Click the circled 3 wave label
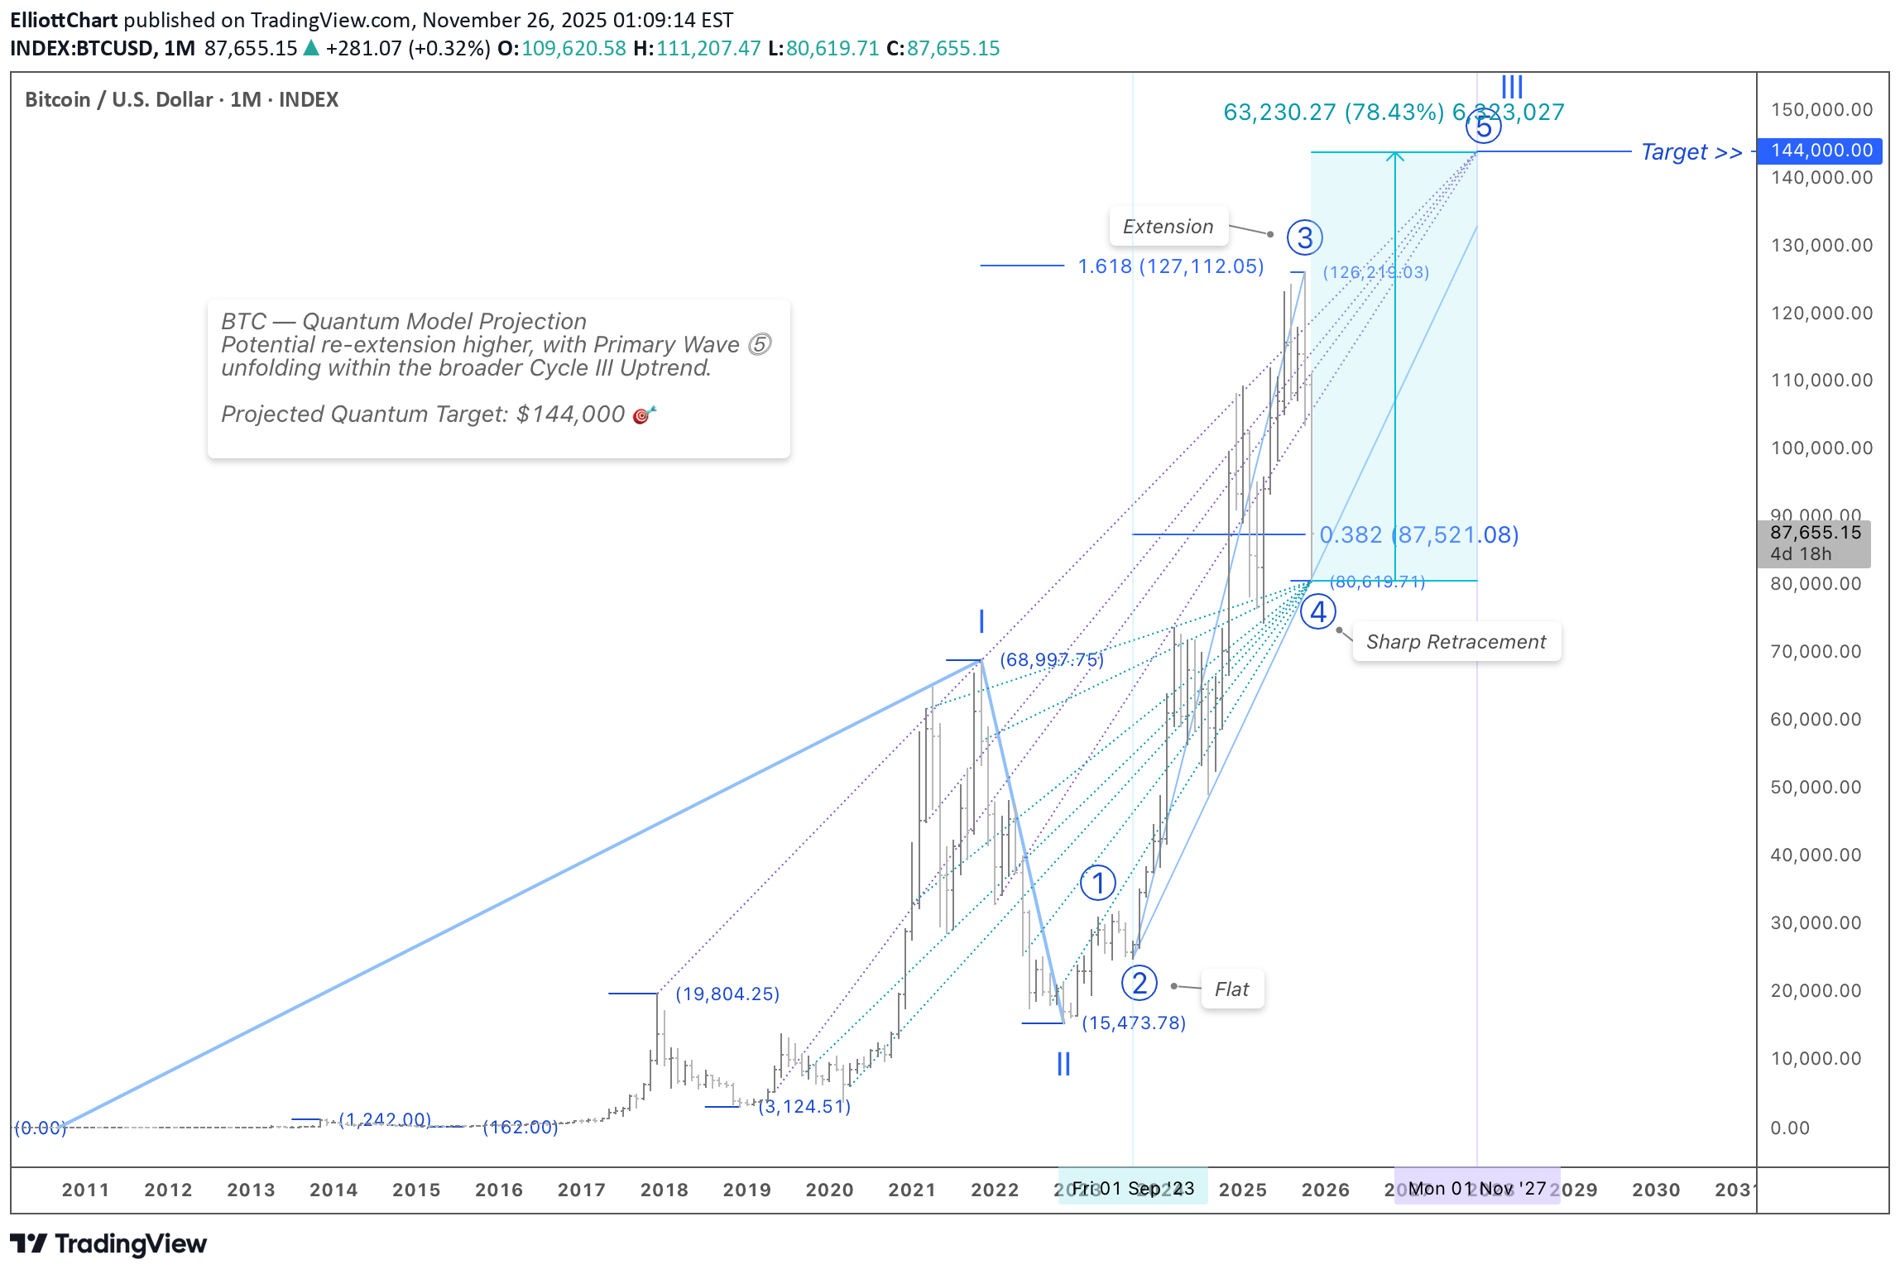[x=1304, y=238]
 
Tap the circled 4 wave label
[x=1317, y=613]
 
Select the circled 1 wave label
[x=1097, y=884]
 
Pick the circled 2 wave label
[x=1139, y=984]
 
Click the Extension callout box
[x=1168, y=227]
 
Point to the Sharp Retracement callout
[x=1456, y=642]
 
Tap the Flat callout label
[x=1231, y=989]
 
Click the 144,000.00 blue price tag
[x=1821, y=151]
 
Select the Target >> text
[x=1691, y=152]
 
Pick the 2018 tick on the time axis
[x=664, y=1190]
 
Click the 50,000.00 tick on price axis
[x=1816, y=788]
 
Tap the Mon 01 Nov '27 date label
[x=1477, y=1189]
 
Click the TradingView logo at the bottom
[x=108, y=1244]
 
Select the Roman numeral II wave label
[x=1063, y=1064]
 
